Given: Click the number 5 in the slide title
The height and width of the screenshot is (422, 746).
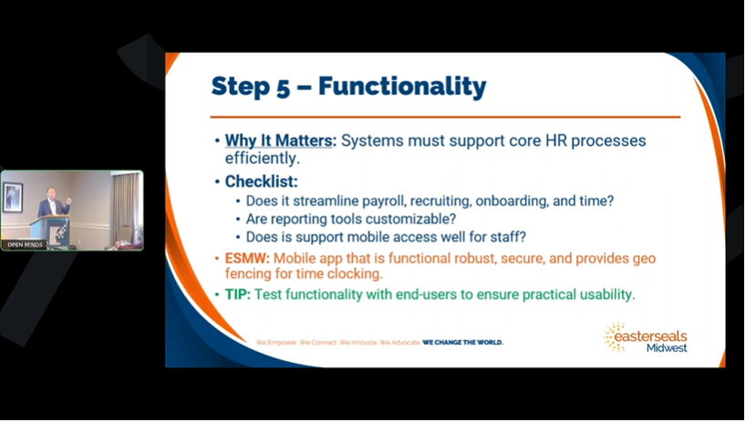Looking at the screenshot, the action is (x=283, y=87).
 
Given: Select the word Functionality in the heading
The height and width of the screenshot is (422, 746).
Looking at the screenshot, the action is (x=402, y=87).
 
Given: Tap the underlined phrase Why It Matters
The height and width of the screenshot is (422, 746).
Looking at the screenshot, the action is (x=279, y=140).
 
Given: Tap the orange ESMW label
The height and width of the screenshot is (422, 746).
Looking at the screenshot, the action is (x=247, y=258).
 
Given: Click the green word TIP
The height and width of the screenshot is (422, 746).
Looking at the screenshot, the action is (x=236, y=294).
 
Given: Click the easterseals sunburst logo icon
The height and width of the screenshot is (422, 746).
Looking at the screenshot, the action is (x=614, y=336).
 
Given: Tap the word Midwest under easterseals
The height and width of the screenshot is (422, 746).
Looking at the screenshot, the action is (x=667, y=348).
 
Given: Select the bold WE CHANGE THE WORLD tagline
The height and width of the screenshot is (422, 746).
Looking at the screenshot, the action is (x=462, y=342).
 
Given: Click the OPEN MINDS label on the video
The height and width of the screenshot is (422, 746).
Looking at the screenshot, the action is (x=25, y=245).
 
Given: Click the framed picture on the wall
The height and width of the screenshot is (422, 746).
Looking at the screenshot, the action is (x=13, y=196).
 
